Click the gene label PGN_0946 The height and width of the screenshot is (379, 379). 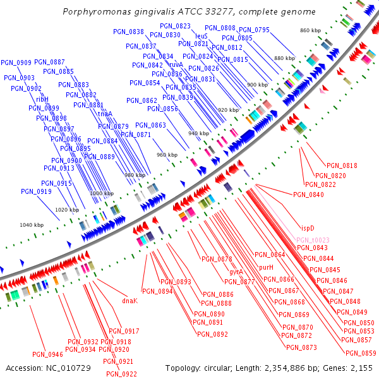click(47, 354)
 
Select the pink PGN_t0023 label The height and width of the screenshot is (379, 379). click(313, 240)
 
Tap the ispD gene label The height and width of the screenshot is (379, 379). click(307, 227)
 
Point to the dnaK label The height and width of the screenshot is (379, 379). click(129, 301)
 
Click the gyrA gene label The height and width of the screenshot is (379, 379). click(236, 272)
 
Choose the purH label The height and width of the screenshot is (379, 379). click(266, 268)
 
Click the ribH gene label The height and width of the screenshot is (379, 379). click(42, 99)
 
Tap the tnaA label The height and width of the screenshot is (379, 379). click(105, 114)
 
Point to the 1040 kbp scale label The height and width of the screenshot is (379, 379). click(32, 225)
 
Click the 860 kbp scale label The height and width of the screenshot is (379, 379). click(311, 30)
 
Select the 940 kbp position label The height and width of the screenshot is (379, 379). click(198, 133)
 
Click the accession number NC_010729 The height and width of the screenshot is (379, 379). click(66, 368)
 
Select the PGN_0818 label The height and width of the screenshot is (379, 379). click(342, 165)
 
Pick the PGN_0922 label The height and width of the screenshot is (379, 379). click(121, 374)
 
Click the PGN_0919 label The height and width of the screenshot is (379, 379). click(36, 191)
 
